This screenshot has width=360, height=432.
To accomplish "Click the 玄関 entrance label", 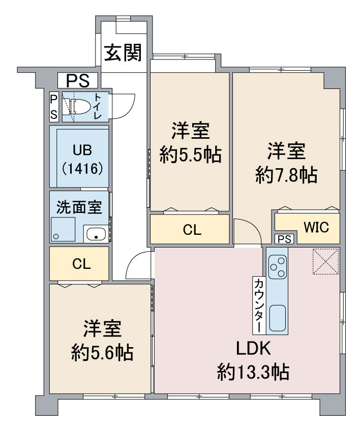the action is pos(123,52).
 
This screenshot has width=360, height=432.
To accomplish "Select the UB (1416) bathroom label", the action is pos(82,159).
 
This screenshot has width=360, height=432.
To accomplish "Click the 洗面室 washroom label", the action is pos(79,207).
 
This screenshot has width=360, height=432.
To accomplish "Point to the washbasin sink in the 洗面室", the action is pos(96,234).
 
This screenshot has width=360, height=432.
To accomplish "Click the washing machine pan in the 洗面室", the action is pos(63,229).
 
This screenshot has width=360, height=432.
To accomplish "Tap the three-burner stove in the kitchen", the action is pos(278,266).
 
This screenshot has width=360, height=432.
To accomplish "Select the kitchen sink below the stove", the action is pos(278,318).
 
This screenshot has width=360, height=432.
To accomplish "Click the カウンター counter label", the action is pos(259,305).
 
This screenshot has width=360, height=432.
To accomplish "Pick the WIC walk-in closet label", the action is pos(316,227).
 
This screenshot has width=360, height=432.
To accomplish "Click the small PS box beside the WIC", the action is pos(284,239).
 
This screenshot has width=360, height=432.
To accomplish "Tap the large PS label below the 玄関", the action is pos(78,80).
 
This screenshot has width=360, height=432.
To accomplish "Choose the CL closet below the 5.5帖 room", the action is pos(192,230).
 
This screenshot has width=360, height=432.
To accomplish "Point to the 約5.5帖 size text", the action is pos(191,156).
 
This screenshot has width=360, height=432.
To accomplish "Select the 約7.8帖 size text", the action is pos(286,175).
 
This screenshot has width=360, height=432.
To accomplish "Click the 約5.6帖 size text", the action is pos(102,352).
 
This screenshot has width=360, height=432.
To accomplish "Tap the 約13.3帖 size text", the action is pos(253,372).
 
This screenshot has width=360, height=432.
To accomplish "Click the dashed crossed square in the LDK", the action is pos(325,261).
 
